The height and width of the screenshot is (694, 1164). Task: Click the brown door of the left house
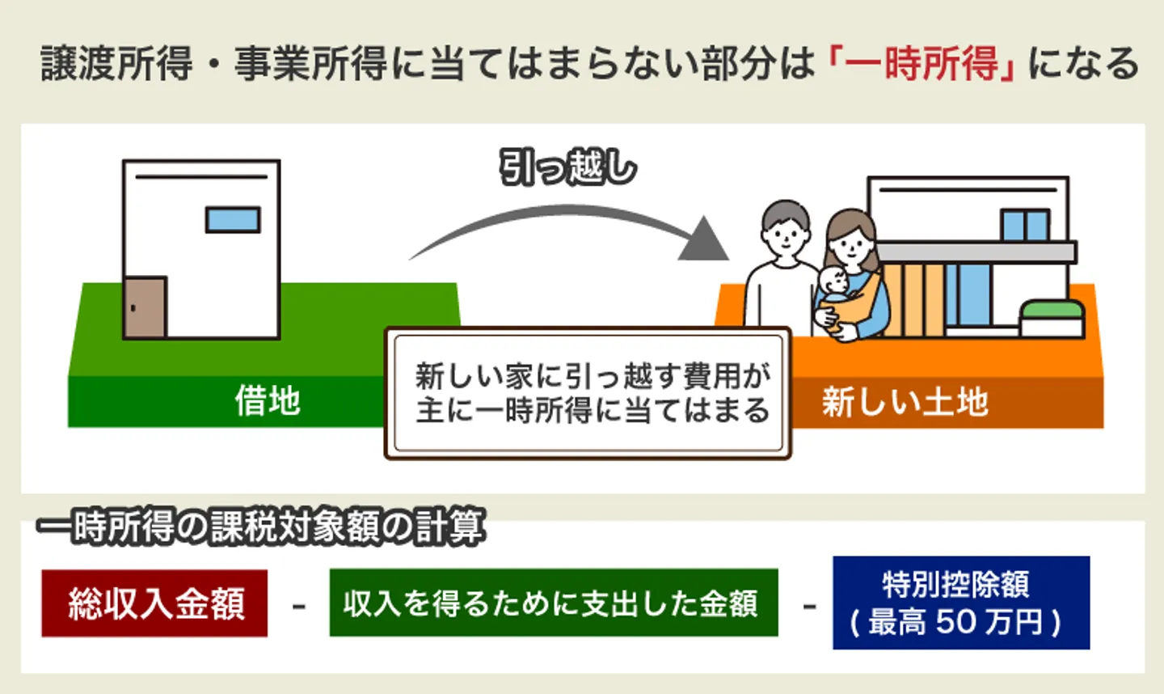tap(145, 307)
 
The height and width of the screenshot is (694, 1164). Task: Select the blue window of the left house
tap(233, 219)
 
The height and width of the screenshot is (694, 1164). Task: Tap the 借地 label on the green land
tap(268, 400)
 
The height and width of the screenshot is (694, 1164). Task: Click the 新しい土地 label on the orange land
tap(905, 401)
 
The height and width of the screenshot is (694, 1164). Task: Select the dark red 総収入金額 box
tap(154, 603)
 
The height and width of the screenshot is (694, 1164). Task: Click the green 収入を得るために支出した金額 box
tap(553, 603)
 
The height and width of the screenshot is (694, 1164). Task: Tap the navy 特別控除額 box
tap(960, 602)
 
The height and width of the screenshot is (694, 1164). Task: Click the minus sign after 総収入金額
tap(298, 606)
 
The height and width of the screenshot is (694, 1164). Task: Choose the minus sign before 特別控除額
tap(808, 606)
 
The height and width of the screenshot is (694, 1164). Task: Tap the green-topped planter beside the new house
tap(1051, 318)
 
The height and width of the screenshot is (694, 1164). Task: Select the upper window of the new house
tap(1025, 225)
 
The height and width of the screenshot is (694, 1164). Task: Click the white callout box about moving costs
tap(588, 393)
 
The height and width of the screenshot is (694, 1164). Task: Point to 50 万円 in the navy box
tap(988, 621)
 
